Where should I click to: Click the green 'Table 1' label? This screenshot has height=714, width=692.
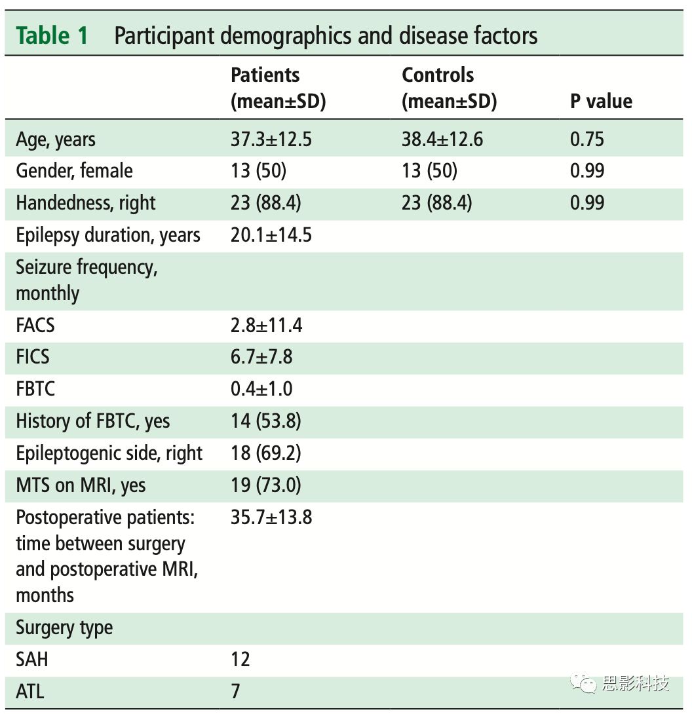52,35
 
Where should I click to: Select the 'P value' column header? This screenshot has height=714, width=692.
601,102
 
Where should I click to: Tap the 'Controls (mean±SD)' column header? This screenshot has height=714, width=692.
449,88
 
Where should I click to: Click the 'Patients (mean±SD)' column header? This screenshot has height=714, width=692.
278,88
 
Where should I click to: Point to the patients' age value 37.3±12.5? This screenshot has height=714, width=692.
271,140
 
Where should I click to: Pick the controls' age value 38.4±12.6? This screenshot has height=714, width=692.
442,140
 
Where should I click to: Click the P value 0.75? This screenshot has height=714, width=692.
587,140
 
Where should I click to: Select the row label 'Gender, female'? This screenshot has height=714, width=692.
74,171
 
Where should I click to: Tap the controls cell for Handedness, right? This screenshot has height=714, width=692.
436,203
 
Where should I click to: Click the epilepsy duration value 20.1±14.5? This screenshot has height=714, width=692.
271,235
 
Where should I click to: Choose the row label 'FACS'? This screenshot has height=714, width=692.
35,325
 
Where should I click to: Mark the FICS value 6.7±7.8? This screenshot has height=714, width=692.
261,357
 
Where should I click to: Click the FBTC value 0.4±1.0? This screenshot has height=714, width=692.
261,389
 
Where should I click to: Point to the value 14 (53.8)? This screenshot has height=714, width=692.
266,421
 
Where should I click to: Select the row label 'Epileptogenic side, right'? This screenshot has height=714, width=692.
109,453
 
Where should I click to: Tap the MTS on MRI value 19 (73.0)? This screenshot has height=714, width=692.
266,485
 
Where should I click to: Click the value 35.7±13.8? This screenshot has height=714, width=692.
271,517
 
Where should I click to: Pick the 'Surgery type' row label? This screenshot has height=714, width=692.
64,628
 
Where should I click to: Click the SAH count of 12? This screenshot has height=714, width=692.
240,659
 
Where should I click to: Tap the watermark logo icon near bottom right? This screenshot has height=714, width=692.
582,684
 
